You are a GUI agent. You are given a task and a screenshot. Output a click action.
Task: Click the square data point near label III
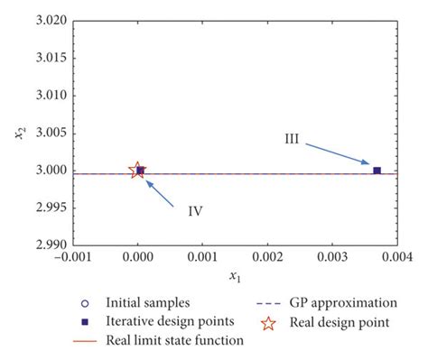pyautogui.click(x=377, y=171)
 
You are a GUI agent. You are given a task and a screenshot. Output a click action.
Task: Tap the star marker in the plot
pyautogui.click(x=137, y=170)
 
